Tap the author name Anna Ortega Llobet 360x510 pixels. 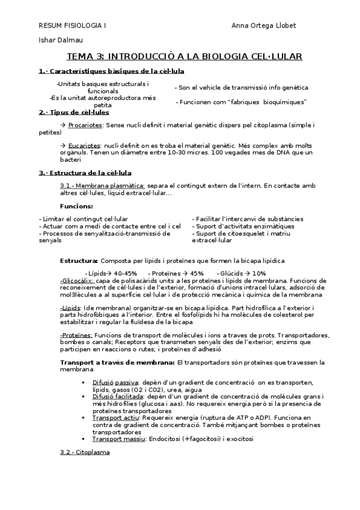[x=263, y=26]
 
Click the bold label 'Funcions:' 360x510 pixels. [x=76, y=206]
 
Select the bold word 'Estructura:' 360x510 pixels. [x=79, y=260]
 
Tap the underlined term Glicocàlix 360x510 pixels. [x=77, y=280]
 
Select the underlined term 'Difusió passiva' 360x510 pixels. [x=115, y=382]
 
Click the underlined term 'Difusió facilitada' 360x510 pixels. [x=118, y=397]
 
